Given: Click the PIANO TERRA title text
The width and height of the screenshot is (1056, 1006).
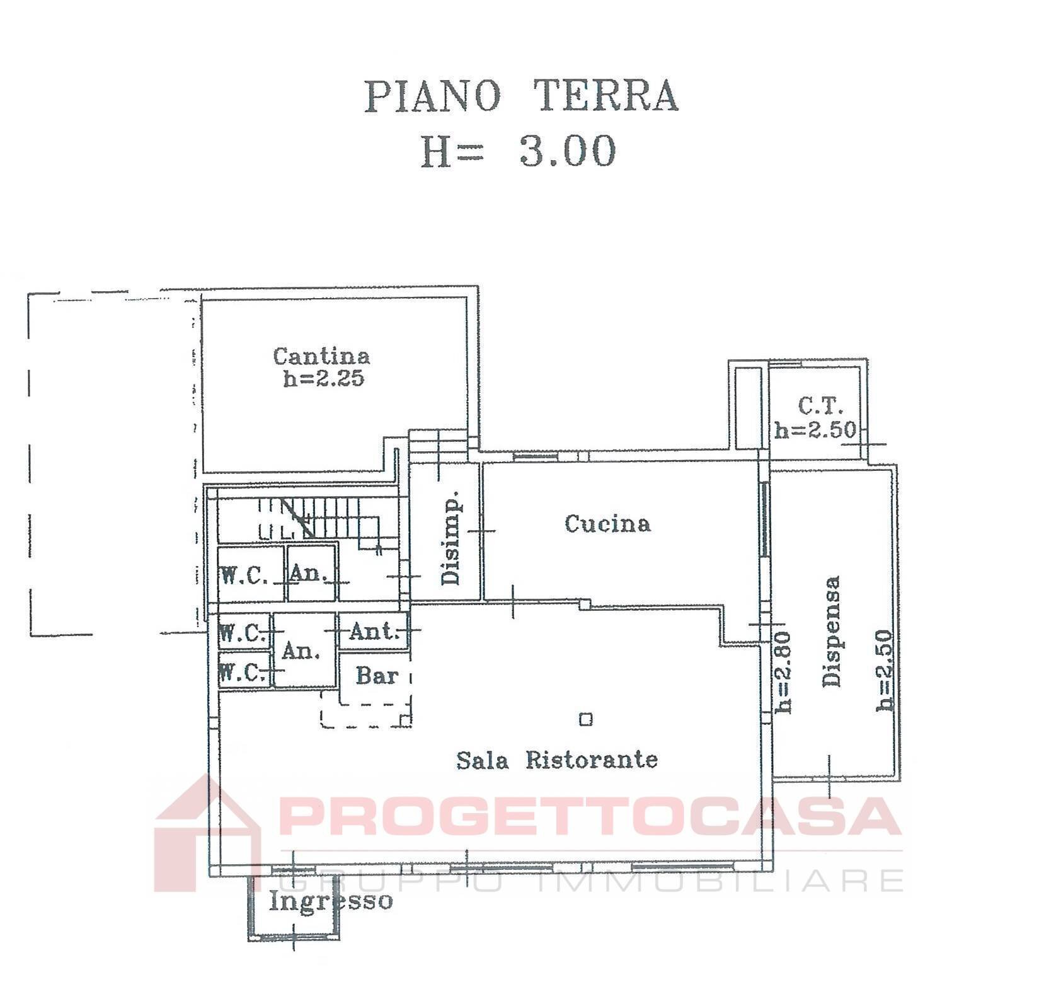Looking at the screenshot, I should pyautogui.click(x=521, y=97).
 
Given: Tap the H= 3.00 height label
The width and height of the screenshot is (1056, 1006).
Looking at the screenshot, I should pyautogui.click(x=518, y=152).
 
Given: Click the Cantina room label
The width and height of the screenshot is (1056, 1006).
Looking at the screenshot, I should pyautogui.click(x=321, y=356).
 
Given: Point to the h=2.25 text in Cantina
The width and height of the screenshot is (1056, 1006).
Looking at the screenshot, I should pyautogui.click(x=323, y=379).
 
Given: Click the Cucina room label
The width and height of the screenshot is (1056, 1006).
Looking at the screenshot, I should pyautogui.click(x=607, y=524).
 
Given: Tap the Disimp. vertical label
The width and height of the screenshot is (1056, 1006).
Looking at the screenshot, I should pyautogui.click(x=451, y=538).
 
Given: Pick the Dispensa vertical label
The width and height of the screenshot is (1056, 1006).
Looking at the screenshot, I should pyautogui.click(x=832, y=631).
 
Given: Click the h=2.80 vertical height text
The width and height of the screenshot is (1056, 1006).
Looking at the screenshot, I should pyautogui.click(x=783, y=672).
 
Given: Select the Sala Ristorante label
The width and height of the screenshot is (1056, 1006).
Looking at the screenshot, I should pyautogui.click(x=557, y=760).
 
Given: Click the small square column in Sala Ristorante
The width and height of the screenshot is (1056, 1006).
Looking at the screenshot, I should pyautogui.click(x=586, y=719).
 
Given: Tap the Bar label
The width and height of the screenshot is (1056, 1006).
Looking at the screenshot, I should pyautogui.click(x=377, y=676).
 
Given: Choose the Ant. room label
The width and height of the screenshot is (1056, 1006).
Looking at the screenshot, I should pyautogui.click(x=374, y=631).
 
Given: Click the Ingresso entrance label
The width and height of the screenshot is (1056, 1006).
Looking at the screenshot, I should pyautogui.click(x=331, y=901).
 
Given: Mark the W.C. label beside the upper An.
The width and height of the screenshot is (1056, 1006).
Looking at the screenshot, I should pyautogui.click(x=244, y=575).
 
